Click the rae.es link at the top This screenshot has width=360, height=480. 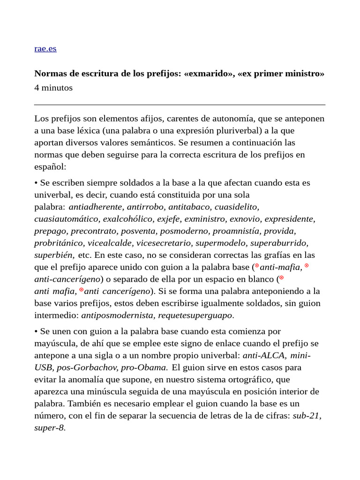point(45,48)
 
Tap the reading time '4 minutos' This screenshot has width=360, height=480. point(53,88)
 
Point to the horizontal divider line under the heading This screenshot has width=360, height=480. point(180,105)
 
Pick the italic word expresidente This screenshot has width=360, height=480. point(289,219)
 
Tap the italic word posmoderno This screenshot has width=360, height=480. point(186,231)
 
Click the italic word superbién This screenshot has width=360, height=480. point(54,255)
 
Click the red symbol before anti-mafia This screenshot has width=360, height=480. point(256,266)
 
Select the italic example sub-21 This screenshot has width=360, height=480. point(307,416)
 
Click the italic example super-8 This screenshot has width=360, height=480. point(49,428)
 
